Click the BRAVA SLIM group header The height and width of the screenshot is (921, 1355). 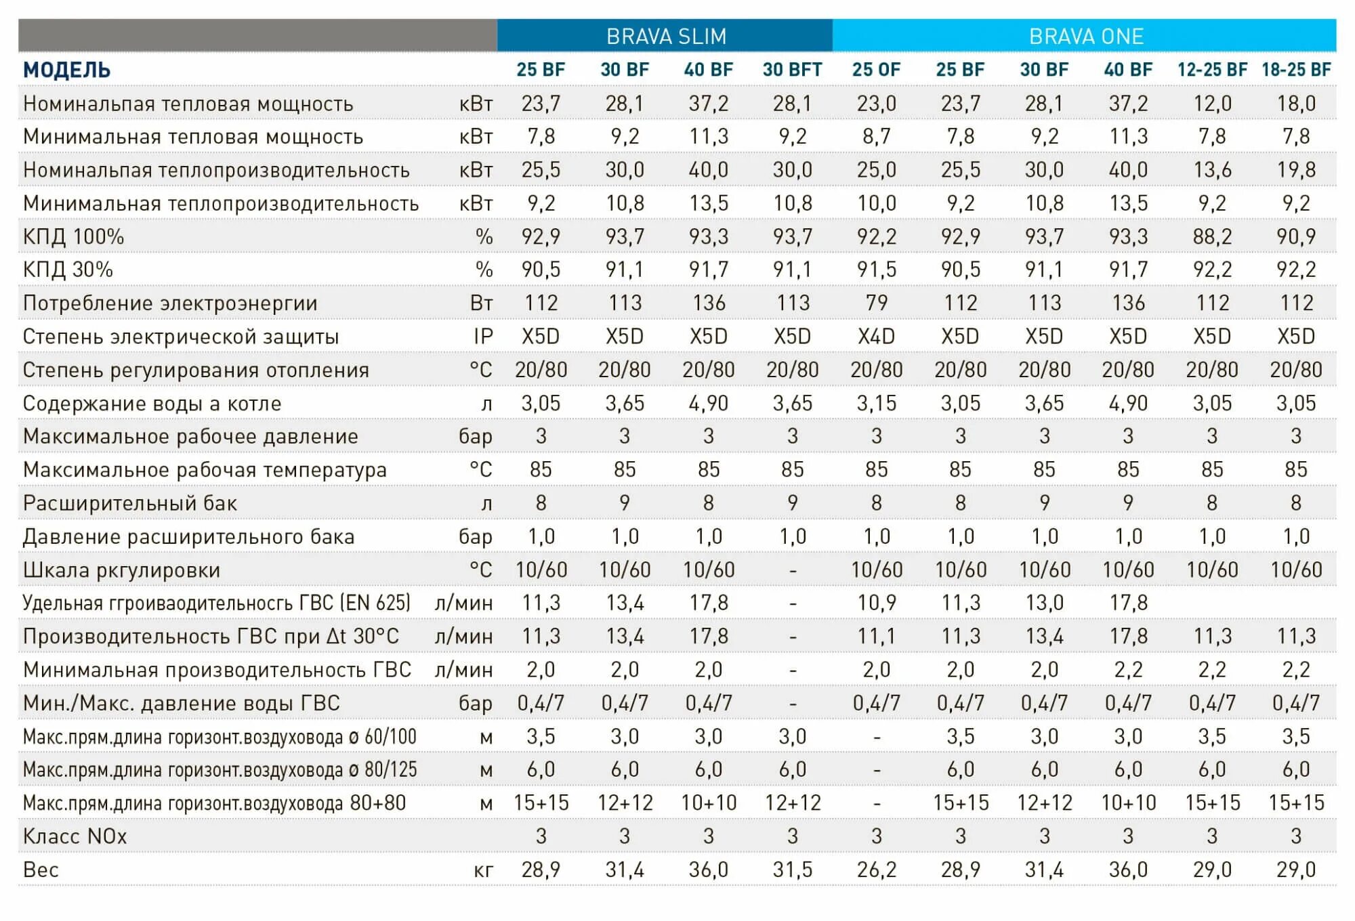pos(666,36)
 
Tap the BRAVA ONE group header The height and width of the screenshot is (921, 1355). pos(1086,36)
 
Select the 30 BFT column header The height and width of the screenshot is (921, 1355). pos(792,70)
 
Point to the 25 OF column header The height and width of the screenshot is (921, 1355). pos(876,70)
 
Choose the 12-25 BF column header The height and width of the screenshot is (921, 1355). pos(1212,70)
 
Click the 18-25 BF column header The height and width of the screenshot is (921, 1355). pos(1296,70)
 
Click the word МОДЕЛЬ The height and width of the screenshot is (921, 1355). pos(66,70)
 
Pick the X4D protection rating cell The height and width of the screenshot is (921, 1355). pos(876,337)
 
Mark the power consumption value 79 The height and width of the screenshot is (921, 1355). pos(876,303)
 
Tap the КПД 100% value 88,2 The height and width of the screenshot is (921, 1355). pos(1212,236)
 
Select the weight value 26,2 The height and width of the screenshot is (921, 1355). pos(876,870)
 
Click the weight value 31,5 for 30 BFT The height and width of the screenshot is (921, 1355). pos(792,870)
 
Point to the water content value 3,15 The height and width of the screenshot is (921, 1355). pos(876,404)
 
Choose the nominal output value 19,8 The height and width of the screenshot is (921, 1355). pos(1296,170)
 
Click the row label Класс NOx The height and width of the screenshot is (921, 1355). pos(75,836)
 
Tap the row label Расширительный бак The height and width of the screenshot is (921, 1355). pos(129,503)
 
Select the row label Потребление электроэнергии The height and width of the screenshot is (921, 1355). pos(169,303)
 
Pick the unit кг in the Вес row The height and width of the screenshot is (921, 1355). pos(483,870)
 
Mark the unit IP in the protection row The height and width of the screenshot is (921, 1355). pos(483,337)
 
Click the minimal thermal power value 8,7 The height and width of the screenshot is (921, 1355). pos(876,137)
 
